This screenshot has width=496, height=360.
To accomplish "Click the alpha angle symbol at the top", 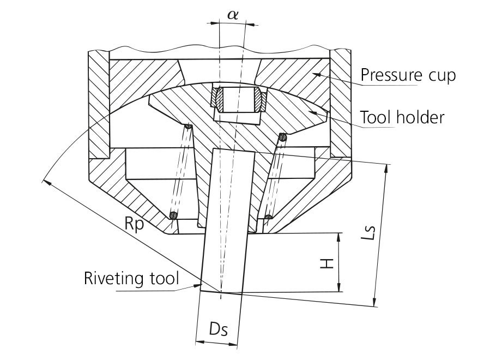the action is (x=233, y=15).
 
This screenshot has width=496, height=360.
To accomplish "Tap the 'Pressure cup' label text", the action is (x=408, y=75).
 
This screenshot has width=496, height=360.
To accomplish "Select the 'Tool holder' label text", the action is (x=402, y=117).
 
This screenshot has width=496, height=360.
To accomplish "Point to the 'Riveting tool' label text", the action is (x=131, y=278).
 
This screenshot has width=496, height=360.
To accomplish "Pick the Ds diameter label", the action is (x=218, y=329).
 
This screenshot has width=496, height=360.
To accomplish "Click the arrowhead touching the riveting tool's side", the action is (x=197, y=286).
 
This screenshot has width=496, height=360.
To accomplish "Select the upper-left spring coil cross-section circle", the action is (x=188, y=127).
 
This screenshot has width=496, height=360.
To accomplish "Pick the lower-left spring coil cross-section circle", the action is (x=173, y=215).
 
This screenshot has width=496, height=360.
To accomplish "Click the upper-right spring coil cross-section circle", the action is (x=282, y=137).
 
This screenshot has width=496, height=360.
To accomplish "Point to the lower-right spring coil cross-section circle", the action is (x=269, y=217).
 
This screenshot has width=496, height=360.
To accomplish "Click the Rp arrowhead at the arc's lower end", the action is (x=46, y=182).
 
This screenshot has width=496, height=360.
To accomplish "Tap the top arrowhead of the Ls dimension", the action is (x=385, y=168).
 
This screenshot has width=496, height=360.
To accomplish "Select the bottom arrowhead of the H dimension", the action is (x=340, y=287).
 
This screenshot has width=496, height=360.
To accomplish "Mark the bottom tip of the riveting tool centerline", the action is (x=221, y=298).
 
